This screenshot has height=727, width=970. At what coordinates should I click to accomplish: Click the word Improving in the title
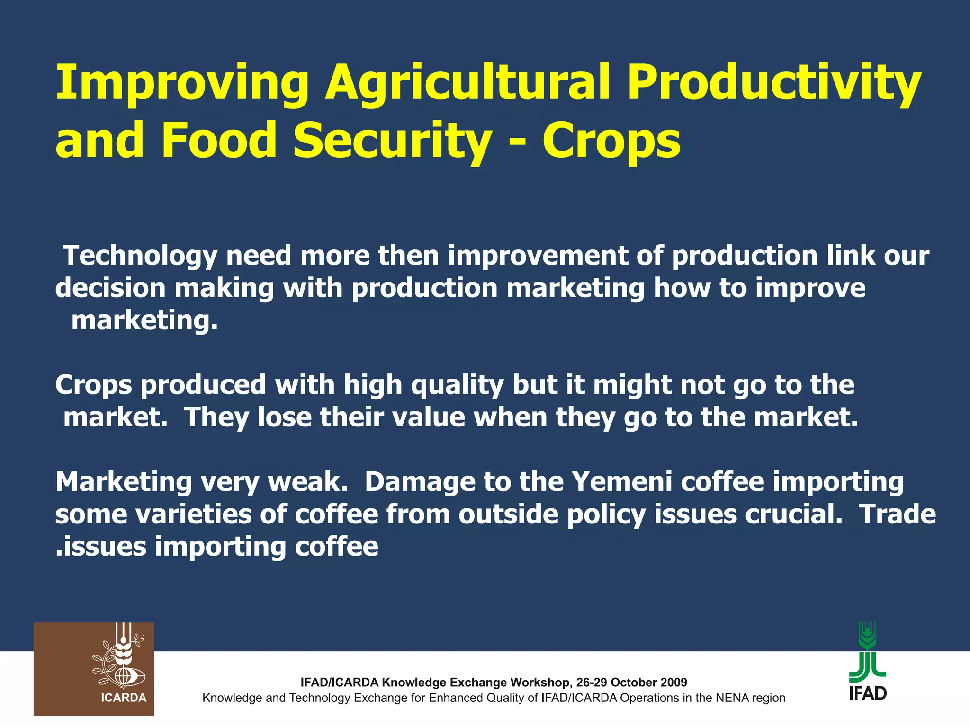182,84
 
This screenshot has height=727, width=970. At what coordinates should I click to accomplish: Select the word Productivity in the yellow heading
774,84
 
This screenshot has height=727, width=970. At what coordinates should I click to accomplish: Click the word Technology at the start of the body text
140,257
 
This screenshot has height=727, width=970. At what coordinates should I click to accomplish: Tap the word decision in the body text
110,288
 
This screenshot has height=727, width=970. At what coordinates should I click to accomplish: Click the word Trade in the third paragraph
897,514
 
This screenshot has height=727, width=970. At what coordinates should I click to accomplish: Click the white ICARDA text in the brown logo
124,698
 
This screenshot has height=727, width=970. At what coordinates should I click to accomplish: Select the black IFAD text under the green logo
868,693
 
